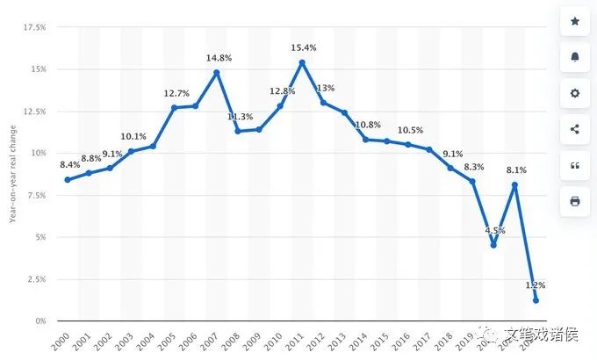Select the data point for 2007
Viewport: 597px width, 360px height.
click(217, 72)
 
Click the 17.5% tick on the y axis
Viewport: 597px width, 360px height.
click(34, 27)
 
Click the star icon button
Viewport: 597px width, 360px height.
click(575, 21)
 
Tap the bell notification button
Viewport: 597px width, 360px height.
click(575, 57)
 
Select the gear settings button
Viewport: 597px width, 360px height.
click(575, 93)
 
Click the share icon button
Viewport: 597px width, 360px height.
click(575, 129)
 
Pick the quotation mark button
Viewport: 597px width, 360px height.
click(575, 165)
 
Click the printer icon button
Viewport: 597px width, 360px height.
click(575, 201)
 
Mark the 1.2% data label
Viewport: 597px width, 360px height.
click(536, 285)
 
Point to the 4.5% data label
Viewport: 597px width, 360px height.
click(496, 231)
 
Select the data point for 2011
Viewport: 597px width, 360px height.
click(302, 62)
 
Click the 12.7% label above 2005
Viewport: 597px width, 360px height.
click(176, 93)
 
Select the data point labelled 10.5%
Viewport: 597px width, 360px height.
click(408, 145)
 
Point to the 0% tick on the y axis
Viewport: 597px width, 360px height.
click(40, 321)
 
